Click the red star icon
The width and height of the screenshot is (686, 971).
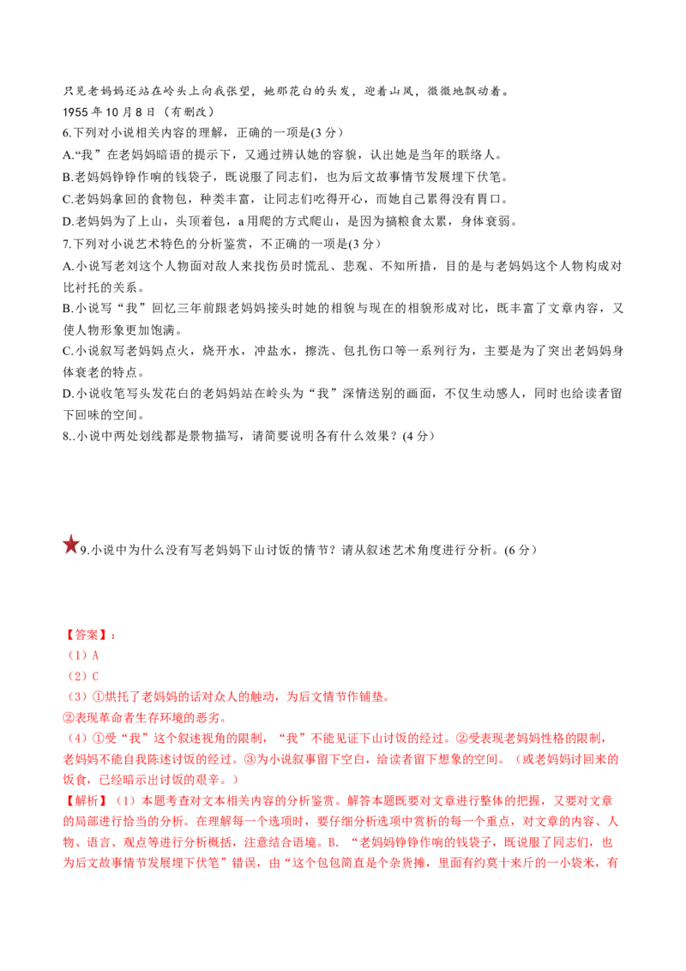pyautogui.click(x=70, y=543)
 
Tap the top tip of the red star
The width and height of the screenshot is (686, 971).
pyautogui.click(x=70, y=534)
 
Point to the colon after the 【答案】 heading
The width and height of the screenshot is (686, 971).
pyautogui.click(x=114, y=636)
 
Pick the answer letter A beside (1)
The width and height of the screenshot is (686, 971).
pyautogui.click(x=95, y=655)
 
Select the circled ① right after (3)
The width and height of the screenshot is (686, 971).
pyautogui.click(x=96, y=697)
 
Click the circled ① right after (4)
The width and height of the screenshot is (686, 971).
pyautogui.click(x=96, y=738)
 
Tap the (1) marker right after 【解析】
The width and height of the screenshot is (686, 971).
pyautogui.click(x=126, y=801)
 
